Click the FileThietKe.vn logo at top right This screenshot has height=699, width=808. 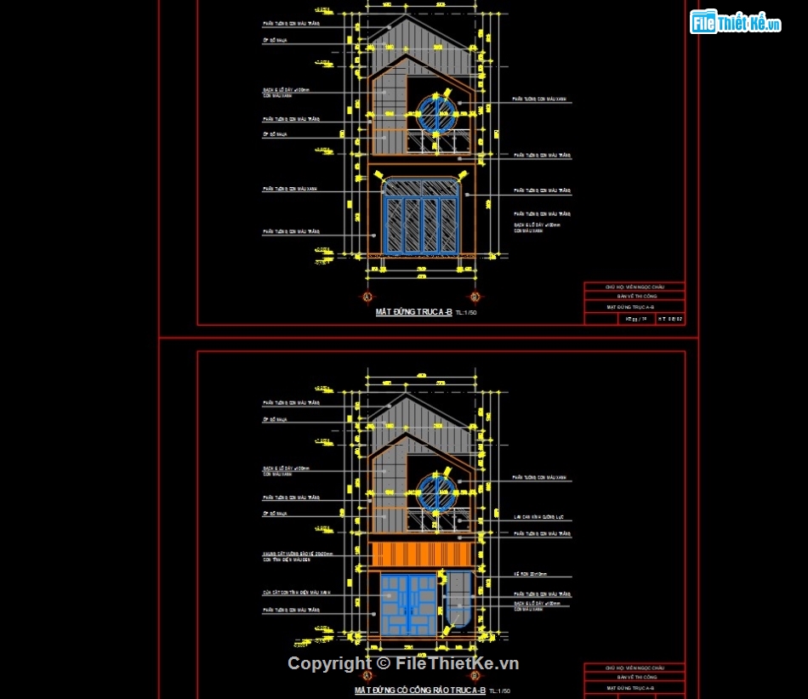click(735, 23)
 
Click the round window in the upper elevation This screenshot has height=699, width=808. click(437, 113)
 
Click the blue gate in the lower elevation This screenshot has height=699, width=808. click(409, 605)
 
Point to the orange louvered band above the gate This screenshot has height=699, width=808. click(422, 554)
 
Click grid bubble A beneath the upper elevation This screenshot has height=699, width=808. click(367, 297)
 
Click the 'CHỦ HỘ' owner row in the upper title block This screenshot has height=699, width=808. click(634, 287)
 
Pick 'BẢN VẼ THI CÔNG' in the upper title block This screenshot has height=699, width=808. click(634, 297)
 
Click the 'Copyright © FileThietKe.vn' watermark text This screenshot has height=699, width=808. click(403, 664)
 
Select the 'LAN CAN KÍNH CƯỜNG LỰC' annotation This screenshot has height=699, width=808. click(544, 516)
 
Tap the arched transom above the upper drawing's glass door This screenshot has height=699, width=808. click(422, 187)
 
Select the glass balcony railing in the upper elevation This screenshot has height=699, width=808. click(437, 144)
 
